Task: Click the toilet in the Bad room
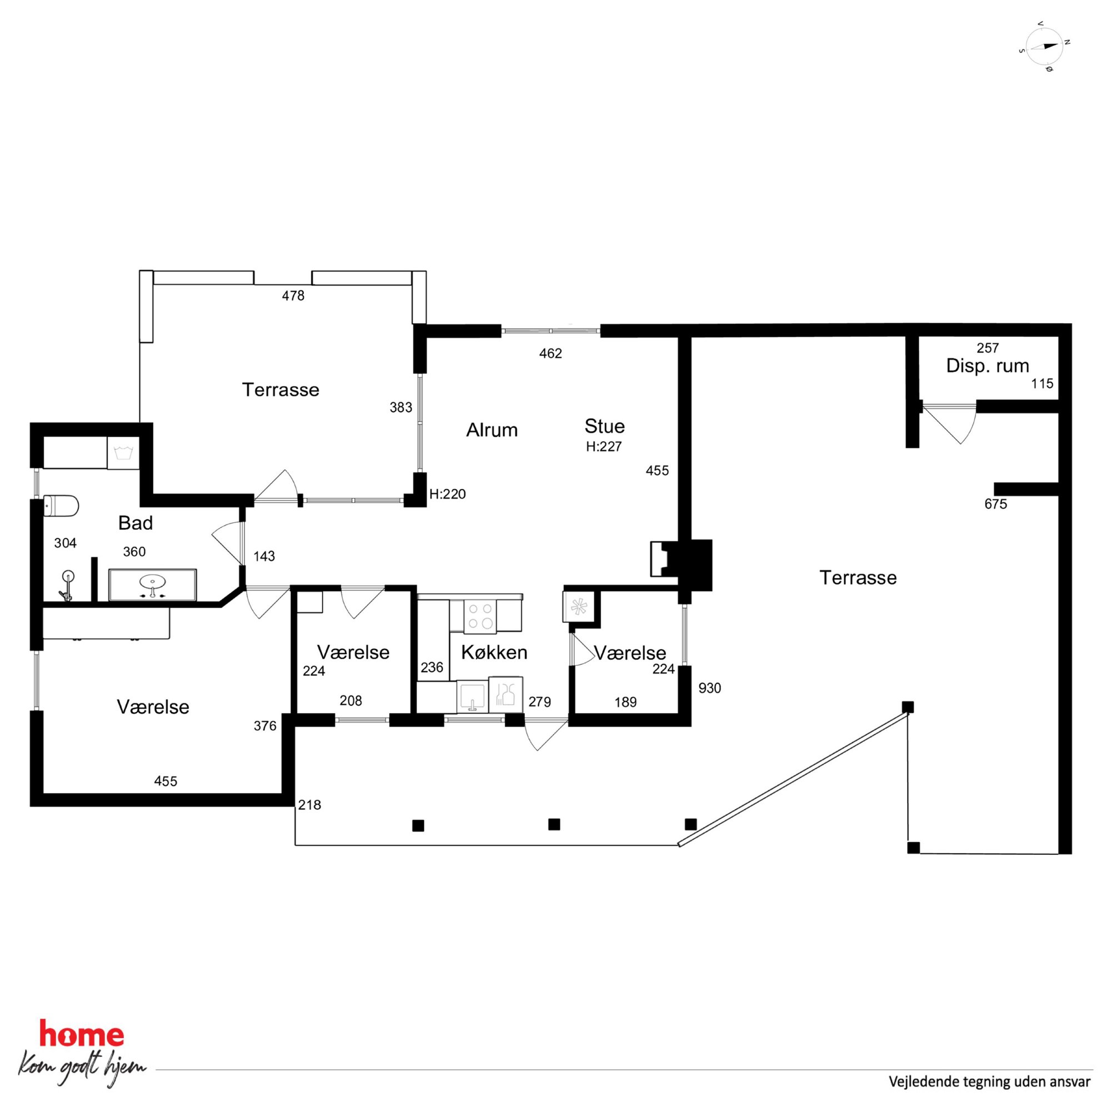pos(61,506)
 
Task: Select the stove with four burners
pos(480,616)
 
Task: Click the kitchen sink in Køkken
pos(472,696)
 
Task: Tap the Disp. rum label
pos(988,365)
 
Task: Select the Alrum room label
pos(492,429)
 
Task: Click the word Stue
pos(605,426)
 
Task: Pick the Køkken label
pos(494,652)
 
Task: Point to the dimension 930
pos(709,688)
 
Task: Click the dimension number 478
pos(293,295)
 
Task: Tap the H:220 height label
pos(448,494)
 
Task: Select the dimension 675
pos(996,504)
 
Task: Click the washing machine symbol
pos(123,453)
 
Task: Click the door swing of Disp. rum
pos(949,423)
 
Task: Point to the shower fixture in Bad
pos(67,586)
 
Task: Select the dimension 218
pos(310,805)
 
